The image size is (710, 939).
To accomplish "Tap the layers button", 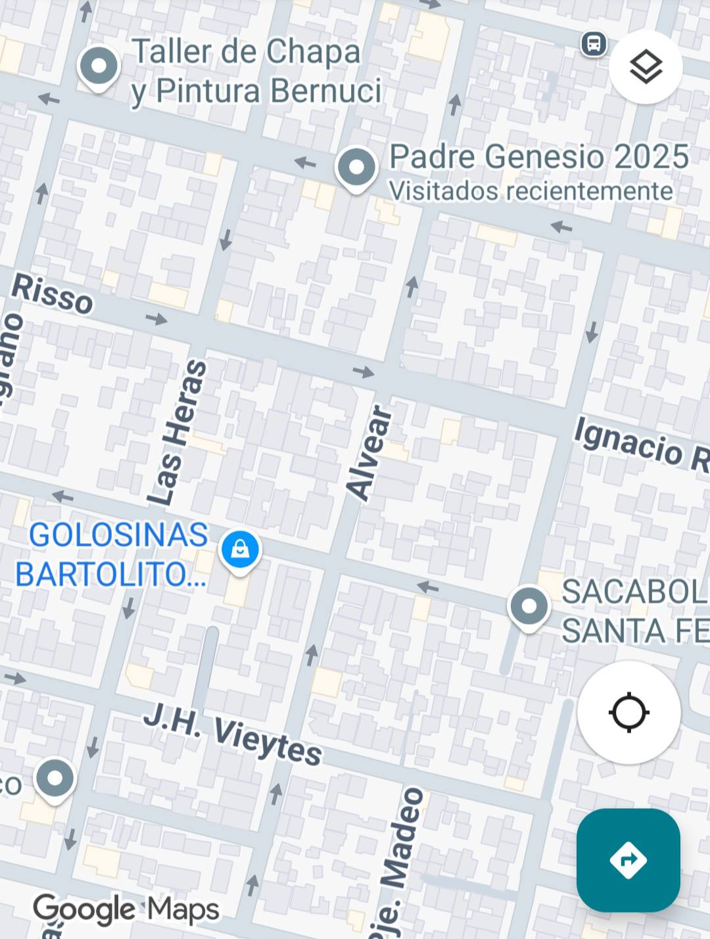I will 646,67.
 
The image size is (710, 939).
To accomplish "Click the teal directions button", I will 628,859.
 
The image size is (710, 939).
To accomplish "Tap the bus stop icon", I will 594,45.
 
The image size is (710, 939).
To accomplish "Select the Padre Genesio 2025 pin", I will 356,168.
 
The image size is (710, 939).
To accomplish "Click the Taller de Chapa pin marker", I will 99,66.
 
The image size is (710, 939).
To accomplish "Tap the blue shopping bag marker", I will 240,550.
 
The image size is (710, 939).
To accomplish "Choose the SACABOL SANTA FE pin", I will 529,606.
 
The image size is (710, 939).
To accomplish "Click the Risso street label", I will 53,295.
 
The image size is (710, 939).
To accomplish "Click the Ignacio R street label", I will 641,445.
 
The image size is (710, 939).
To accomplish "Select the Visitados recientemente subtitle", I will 531,191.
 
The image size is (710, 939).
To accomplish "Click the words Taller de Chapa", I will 247,51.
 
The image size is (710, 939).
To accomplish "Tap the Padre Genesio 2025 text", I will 539,156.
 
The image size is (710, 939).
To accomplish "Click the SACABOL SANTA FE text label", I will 634,612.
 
